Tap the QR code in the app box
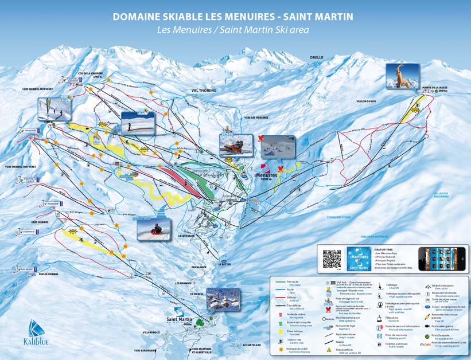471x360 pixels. pos(332,259)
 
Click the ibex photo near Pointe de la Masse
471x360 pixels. pos(402,76)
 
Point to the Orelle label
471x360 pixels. pos(316,57)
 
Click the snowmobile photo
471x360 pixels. pos(236,145)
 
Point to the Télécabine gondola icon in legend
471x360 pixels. pos(379,318)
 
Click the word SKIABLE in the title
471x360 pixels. pos(179,16)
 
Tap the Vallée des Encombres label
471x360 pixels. pos(441,195)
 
